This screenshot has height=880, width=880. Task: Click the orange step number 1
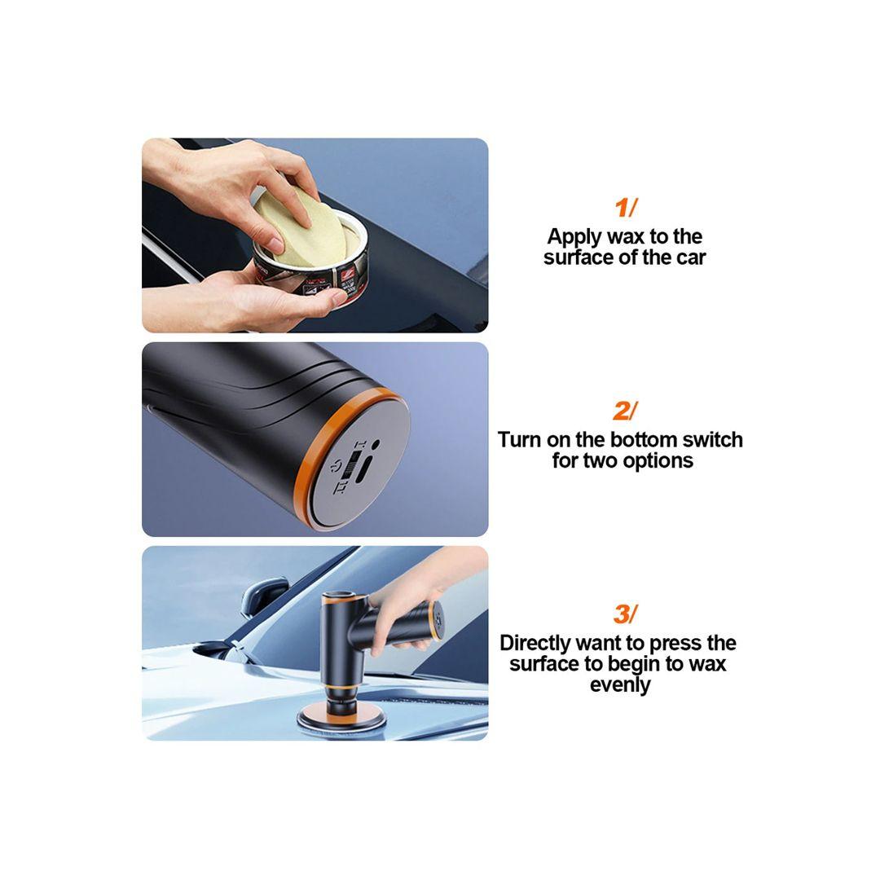[622, 208]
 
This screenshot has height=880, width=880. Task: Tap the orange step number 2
[621, 411]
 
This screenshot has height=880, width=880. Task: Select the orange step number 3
[621, 614]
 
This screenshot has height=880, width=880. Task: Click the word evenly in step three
[620, 685]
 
